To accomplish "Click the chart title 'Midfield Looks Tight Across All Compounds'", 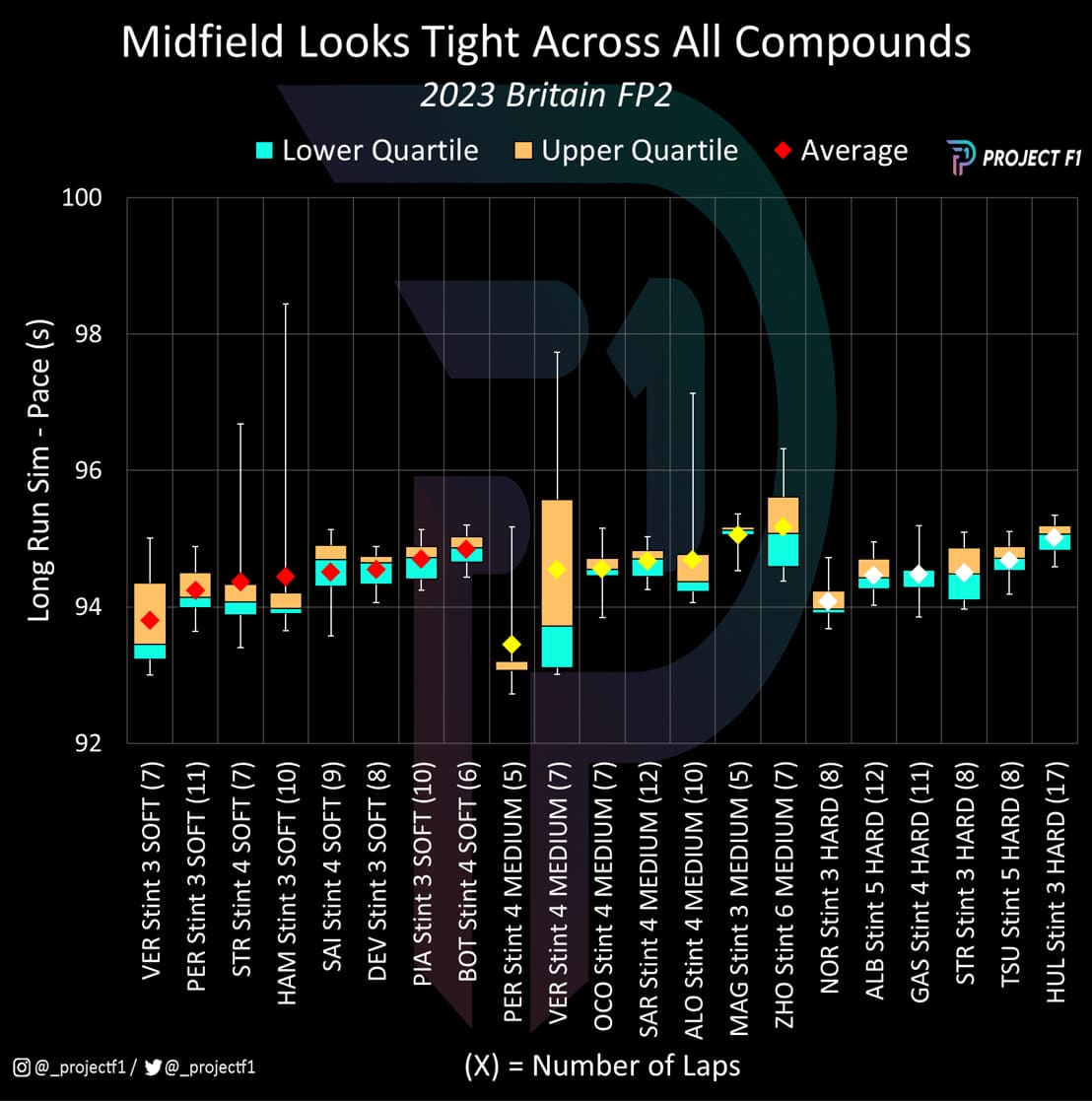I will coord(545,43).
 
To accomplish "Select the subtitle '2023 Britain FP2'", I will coord(545,97).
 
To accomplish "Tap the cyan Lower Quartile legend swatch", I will coord(264,151).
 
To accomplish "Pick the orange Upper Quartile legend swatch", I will coord(524,151).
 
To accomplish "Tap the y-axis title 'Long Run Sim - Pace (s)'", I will coord(39,470).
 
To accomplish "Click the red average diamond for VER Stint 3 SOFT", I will coord(150,620).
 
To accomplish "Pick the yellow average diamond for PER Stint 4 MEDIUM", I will coord(512,645).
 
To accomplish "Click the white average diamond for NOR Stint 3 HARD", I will coord(828,601).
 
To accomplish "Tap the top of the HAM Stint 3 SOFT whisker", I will coord(286,304).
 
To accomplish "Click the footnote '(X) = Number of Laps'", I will coord(601,1066).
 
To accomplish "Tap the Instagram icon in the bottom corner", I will coord(21,1066).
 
